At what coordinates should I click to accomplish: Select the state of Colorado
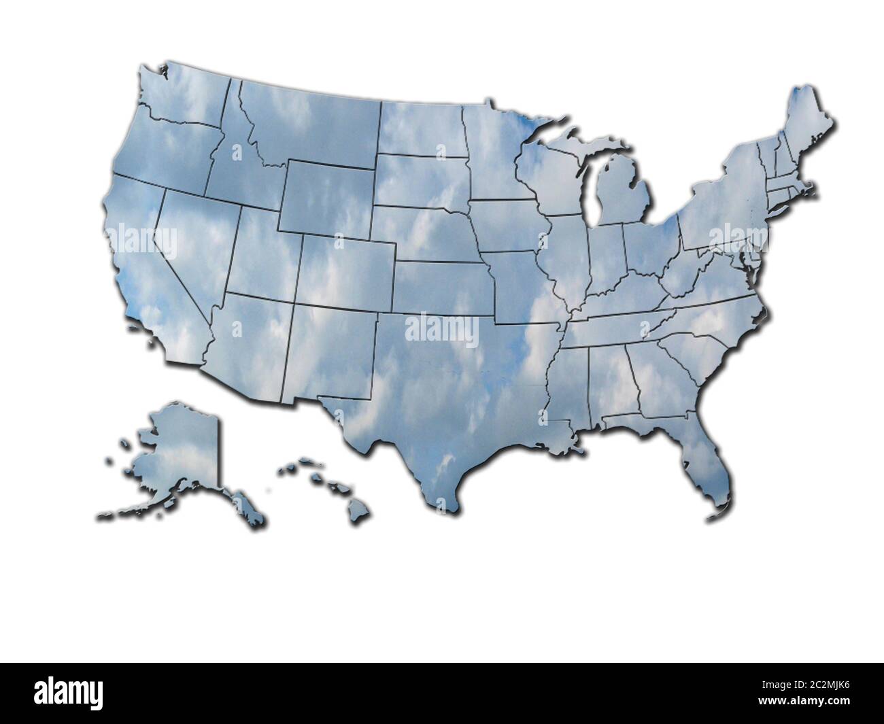[347, 272]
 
